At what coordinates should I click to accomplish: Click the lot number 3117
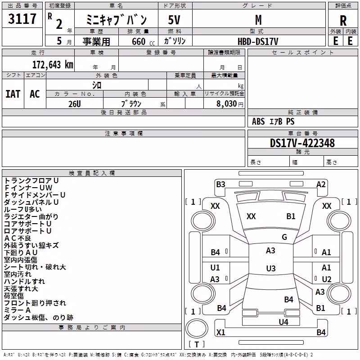[x=22, y=19]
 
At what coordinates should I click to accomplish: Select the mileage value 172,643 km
[x=53, y=65]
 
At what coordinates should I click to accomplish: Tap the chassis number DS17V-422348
[x=302, y=143]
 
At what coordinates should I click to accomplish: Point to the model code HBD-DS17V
[x=258, y=41]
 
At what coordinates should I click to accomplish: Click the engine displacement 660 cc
[x=143, y=41]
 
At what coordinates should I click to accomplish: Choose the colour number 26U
[x=75, y=104]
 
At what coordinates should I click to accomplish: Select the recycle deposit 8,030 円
[x=230, y=104]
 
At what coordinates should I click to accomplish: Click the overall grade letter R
[x=343, y=20]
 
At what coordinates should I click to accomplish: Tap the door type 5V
[x=174, y=20]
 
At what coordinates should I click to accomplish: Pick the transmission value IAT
[x=13, y=94]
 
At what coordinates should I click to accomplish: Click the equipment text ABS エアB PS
[x=273, y=121]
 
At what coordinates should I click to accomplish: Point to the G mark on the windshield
[x=284, y=237]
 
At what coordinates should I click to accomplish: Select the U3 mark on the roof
[x=271, y=268]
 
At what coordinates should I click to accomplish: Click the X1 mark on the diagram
[x=220, y=332]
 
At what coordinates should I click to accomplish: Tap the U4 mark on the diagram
[x=283, y=322]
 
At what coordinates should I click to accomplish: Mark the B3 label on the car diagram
[x=220, y=184]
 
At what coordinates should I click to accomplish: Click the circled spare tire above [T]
[x=197, y=328]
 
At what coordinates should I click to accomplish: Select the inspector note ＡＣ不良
[x=18, y=238]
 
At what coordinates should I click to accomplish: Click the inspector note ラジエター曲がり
[x=31, y=216]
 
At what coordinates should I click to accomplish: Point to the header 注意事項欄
[x=124, y=133]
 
